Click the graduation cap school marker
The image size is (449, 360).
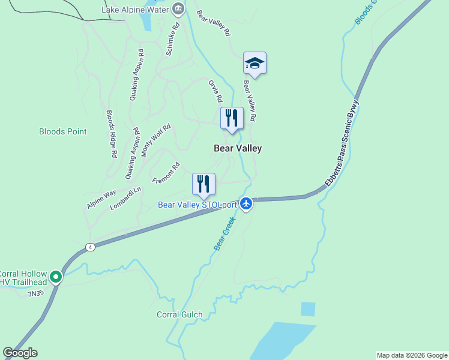click(x=255, y=63)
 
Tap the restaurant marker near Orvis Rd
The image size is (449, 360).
click(x=232, y=117)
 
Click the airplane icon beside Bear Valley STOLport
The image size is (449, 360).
click(x=246, y=205)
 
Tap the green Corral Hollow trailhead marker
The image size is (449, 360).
click(x=56, y=277)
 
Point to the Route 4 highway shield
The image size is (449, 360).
click(x=90, y=247)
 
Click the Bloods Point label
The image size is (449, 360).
click(x=63, y=131)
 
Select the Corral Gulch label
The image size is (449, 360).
click(x=179, y=314)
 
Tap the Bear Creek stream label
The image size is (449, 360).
click(x=224, y=234)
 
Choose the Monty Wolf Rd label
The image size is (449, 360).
click(x=156, y=140)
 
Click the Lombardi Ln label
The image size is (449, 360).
click(x=125, y=198)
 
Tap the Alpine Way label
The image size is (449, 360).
click(x=101, y=199)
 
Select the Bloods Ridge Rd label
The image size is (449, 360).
click(x=112, y=134)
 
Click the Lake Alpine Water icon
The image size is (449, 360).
click(x=178, y=8)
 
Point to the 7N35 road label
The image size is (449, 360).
click(x=37, y=293)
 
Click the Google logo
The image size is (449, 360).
click(x=20, y=353)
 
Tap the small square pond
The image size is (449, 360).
click(x=307, y=309)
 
